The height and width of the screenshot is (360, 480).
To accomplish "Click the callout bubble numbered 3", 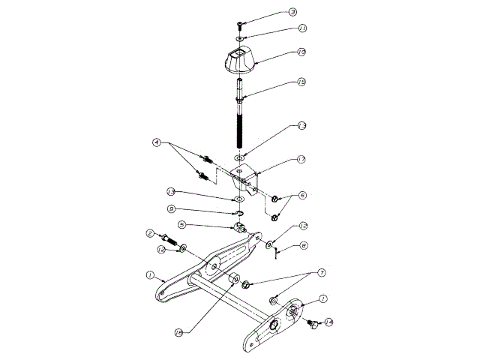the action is point(292,13).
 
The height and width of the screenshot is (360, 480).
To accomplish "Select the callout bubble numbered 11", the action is point(302,28).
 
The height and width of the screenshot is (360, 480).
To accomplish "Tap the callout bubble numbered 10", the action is point(301,52).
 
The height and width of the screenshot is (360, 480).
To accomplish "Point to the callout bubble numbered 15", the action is point(301,82).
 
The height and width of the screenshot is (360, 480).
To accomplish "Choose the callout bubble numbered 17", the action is point(301,159).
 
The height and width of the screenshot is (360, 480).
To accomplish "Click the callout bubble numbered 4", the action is point(157,142).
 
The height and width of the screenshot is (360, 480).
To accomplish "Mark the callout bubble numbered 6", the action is point(303,195).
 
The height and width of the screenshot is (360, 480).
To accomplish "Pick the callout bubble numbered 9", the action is point(172,208).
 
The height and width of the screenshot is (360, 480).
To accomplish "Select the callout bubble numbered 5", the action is point(181,223).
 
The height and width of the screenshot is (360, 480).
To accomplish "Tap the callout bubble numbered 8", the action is point(304,245).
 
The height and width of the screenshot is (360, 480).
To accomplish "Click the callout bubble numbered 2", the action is point(151,233).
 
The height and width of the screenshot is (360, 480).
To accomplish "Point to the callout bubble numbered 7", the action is point(301,271).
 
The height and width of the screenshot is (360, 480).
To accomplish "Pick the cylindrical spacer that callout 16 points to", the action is point(233,281).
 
